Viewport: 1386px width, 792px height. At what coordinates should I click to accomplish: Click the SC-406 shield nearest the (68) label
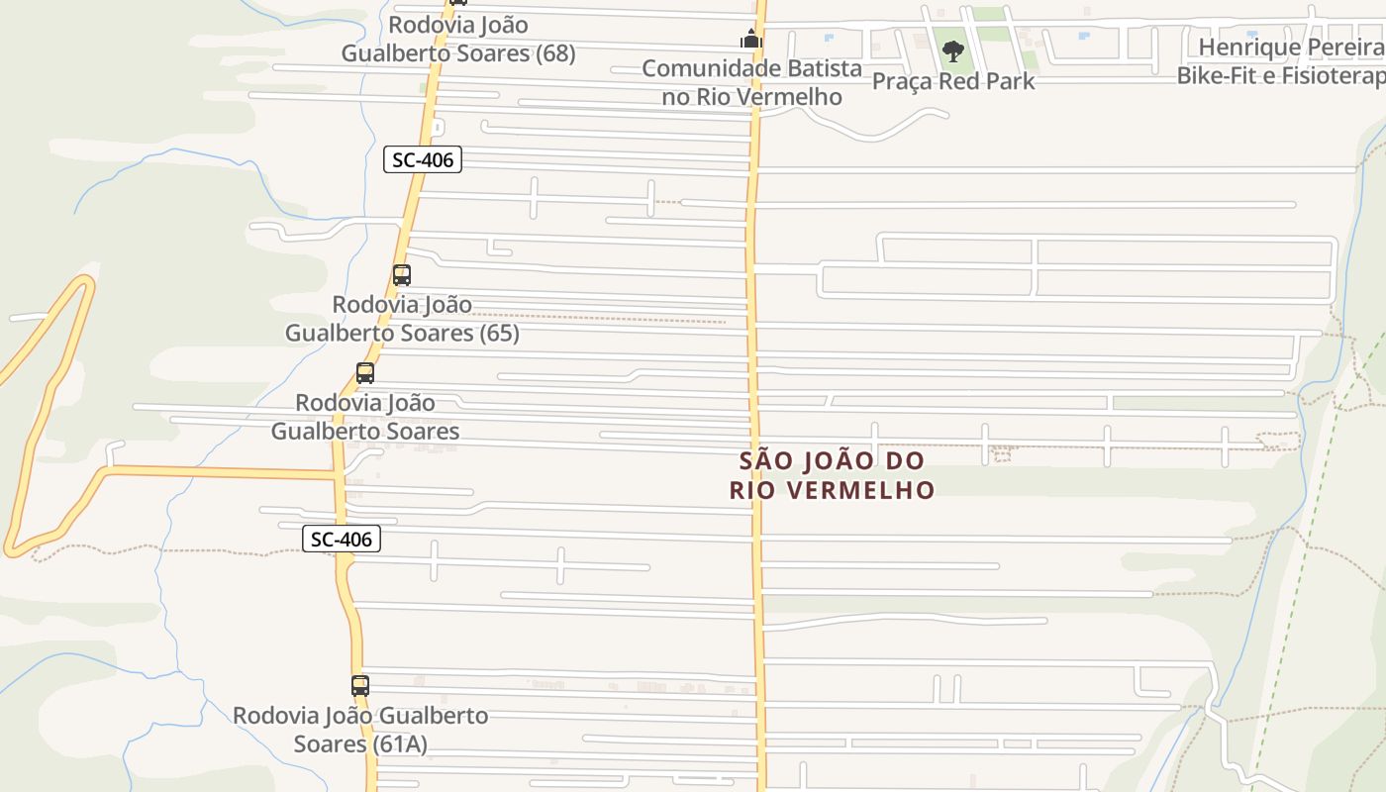point(423,159)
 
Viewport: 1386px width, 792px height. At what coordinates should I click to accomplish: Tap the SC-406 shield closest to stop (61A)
point(342,540)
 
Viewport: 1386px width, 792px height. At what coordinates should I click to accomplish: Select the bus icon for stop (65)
point(402,275)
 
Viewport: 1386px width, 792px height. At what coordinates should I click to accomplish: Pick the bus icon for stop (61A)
point(360,685)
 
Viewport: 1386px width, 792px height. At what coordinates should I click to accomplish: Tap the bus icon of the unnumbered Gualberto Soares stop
point(365,373)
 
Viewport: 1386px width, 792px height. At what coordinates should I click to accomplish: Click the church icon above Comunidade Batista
point(751,40)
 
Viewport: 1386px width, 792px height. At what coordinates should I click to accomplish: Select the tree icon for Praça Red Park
point(952,50)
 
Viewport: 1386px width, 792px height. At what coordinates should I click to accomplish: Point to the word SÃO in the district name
point(762,461)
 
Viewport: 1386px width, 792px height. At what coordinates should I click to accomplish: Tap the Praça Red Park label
point(952,81)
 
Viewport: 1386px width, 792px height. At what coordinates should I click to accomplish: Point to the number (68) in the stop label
point(555,53)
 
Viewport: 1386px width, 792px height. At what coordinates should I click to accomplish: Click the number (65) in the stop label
point(499,333)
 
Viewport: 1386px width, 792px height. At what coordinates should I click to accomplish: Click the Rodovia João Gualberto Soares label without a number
point(365,417)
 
